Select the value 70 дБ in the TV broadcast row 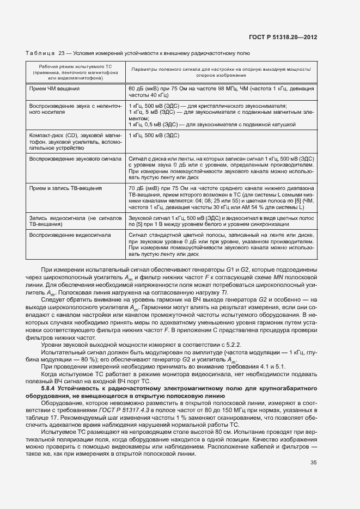point(136,188)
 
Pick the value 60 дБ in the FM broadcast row point(136,88)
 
